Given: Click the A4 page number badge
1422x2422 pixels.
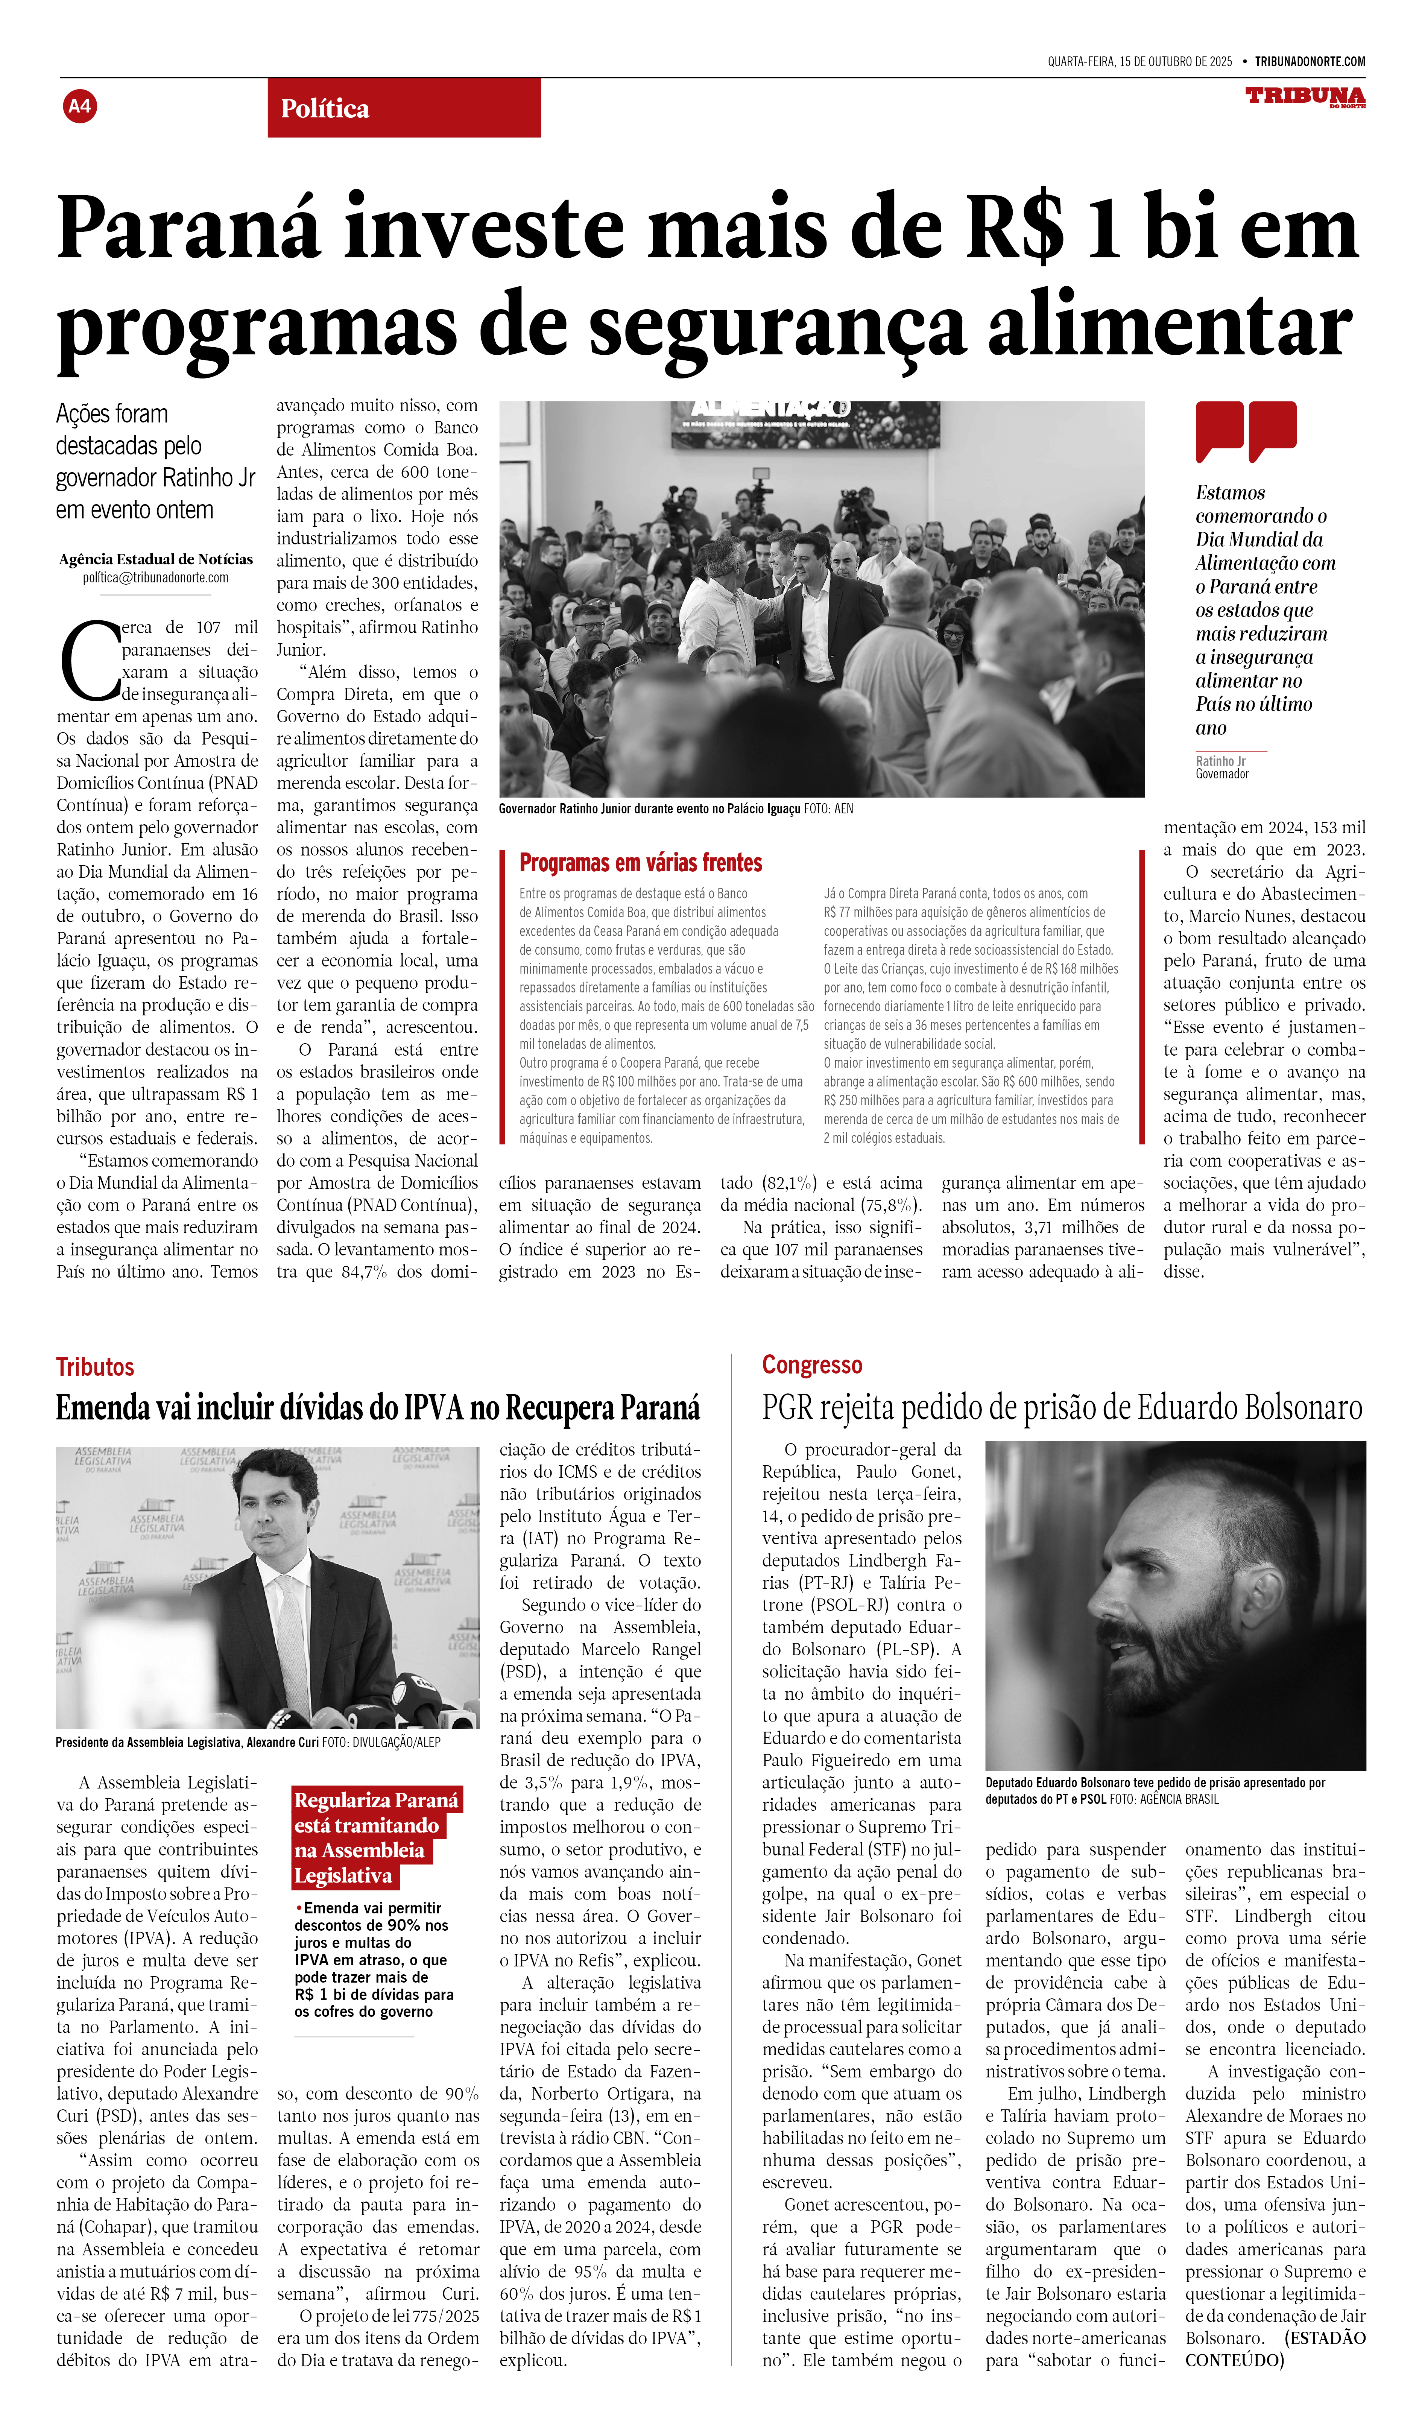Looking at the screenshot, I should [80, 106].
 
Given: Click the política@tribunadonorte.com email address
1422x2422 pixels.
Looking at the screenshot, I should [156, 577].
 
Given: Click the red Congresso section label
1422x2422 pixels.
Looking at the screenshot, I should [812, 1365].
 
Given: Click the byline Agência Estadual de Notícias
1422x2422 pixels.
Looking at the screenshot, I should [156, 559].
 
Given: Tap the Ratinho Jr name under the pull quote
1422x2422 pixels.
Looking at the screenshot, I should [1220, 761].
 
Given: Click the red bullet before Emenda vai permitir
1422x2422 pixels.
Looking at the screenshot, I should [299, 1908].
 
